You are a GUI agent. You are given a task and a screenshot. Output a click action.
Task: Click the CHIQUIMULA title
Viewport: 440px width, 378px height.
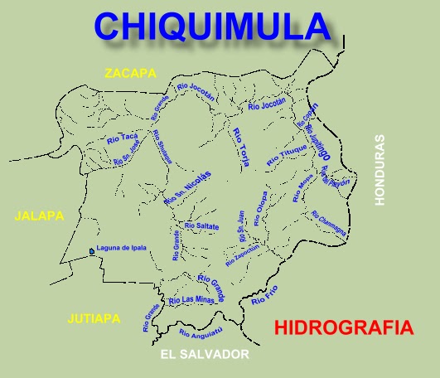[x=212, y=26]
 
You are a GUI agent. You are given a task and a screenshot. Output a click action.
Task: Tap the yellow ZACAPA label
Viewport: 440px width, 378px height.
[x=130, y=74]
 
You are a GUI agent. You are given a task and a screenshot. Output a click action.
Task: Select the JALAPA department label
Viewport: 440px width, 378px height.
[x=39, y=216]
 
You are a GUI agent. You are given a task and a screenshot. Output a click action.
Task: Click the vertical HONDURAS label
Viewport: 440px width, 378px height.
[x=380, y=170]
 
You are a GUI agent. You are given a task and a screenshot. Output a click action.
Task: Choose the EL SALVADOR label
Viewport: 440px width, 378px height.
[x=205, y=354]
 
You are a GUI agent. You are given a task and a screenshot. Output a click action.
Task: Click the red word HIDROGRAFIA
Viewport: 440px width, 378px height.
[x=342, y=327]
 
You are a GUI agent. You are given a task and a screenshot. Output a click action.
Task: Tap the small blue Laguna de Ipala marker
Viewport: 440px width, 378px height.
[x=90, y=250]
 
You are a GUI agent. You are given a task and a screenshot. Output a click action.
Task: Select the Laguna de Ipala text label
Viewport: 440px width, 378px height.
[x=122, y=248]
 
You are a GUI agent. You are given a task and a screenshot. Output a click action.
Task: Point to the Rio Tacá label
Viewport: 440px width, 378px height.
[x=122, y=138]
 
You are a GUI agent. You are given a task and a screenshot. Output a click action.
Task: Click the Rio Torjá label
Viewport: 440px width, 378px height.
[x=241, y=148]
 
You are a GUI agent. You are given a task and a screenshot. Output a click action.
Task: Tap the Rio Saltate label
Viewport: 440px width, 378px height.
[x=201, y=225]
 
